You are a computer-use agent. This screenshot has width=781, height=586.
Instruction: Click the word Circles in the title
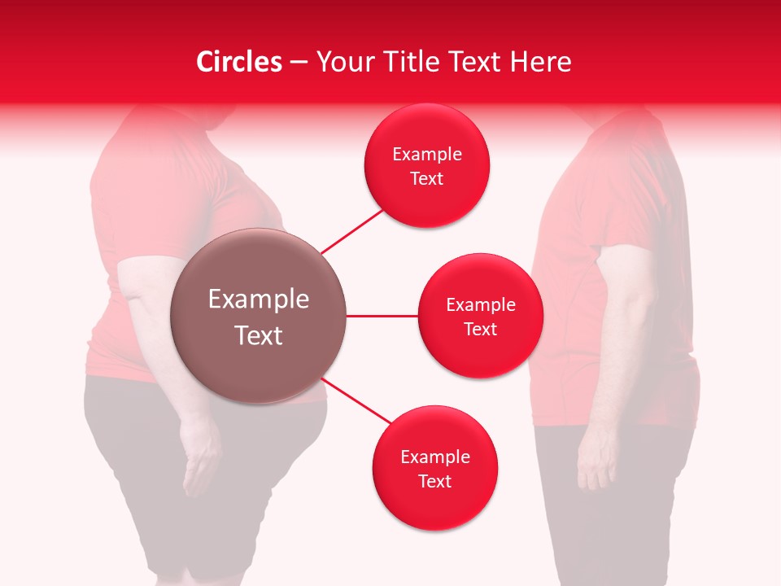[x=238, y=62]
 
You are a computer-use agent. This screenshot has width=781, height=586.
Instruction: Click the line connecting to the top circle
[x=351, y=231]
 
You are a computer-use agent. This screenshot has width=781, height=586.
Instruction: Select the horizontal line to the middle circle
[x=382, y=316]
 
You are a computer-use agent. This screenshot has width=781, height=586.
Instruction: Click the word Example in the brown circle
[x=258, y=300]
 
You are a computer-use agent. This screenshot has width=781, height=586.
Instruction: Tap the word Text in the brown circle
[x=258, y=335]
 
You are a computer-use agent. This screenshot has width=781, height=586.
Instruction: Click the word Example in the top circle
[x=427, y=155]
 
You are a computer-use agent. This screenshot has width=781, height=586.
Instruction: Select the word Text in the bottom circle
[x=434, y=481]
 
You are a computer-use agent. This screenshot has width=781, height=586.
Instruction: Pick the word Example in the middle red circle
[x=480, y=305]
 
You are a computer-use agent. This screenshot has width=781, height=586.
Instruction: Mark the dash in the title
[x=299, y=63]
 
